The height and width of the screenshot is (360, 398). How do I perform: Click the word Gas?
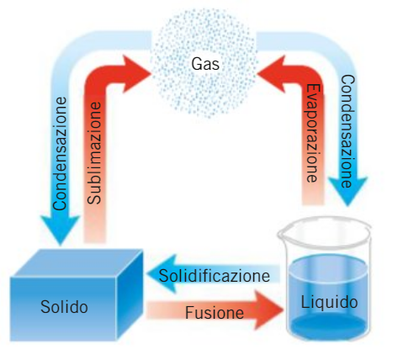[205, 64]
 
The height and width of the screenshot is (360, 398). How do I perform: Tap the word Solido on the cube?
[64, 307]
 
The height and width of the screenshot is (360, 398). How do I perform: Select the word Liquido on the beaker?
[329, 303]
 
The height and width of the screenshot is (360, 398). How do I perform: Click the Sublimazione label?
[94, 153]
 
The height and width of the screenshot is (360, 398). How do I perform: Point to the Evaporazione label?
[312, 133]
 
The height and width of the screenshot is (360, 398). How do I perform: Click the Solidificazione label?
[215, 276]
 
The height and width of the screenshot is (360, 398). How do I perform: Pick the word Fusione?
[215, 312]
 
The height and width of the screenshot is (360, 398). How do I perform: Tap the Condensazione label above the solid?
[60, 154]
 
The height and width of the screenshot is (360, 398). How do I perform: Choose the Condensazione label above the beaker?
[348, 131]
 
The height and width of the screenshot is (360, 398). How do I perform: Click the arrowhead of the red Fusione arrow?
[268, 310]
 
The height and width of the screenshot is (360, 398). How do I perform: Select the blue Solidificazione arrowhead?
[162, 274]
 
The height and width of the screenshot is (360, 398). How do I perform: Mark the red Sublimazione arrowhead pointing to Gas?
[137, 74]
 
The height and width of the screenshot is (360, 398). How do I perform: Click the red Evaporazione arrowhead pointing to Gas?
[271, 74]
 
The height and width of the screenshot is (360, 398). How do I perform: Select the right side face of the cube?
[130, 294]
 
